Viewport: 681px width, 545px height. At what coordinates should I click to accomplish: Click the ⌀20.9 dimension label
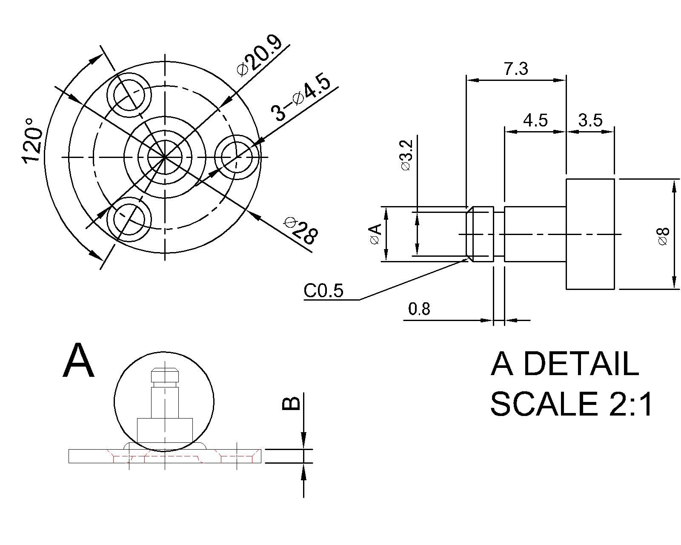click(x=260, y=56)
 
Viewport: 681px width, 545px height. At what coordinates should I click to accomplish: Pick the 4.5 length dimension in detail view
click(x=535, y=120)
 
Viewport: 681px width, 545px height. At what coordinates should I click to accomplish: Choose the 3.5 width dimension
click(x=590, y=120)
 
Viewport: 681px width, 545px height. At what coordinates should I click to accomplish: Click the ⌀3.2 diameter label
click(x=406, y=155)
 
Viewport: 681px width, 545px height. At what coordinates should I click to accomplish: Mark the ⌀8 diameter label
click(x=664, y=236)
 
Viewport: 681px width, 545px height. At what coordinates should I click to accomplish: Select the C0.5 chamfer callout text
click(x=323, y=291)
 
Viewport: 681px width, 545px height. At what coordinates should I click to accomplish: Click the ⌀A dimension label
click(x=375, y=235)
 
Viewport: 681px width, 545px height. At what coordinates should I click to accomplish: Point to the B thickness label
click(x=291, y=403)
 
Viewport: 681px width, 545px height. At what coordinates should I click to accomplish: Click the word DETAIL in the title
click(x=581, y=364)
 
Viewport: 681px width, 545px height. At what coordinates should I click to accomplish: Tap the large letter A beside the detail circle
click(x=78, y=361)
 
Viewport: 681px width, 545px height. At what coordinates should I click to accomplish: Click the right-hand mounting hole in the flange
click(x=237, y=157)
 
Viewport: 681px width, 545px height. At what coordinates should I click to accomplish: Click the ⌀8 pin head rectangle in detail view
click(x=590, y=234)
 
